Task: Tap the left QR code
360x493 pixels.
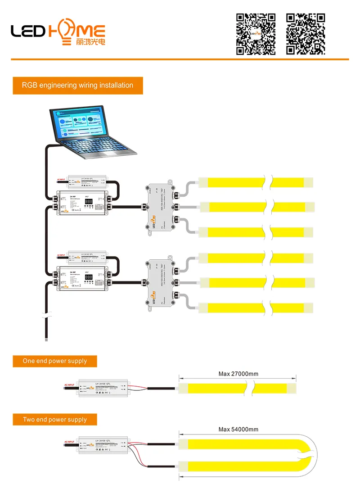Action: coord(256,34)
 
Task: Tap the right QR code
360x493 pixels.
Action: coord(306,34)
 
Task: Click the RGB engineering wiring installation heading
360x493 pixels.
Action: coord(78,85)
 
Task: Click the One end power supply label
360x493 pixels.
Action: coord(55,361)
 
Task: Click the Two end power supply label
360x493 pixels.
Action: coord(55,420)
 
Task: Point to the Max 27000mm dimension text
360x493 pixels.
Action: coord(238,374)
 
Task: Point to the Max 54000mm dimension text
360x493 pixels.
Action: coord(238,430)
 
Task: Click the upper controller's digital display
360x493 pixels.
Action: coord(89,202)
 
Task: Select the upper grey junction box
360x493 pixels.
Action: coord(160,207)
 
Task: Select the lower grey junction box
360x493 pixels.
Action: coord(160,282)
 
